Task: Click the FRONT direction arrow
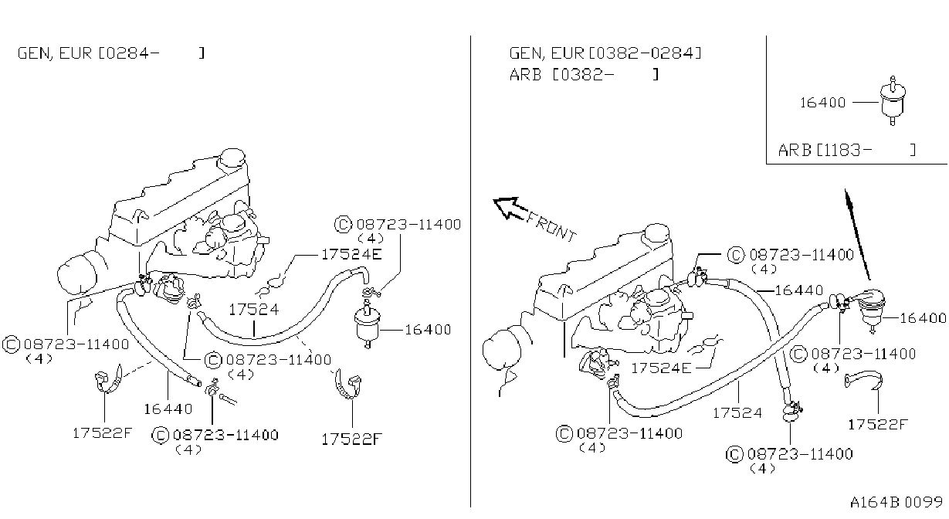point(510,209)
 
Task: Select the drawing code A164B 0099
point(896,502)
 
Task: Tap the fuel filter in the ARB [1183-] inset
point(892,101)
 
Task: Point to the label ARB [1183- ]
point(847,150)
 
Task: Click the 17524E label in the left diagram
point(351,254)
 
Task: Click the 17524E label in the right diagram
point(661,368)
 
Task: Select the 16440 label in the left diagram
point(168,409)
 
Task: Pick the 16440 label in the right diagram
point(798,290)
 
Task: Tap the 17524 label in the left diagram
point(254,310)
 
